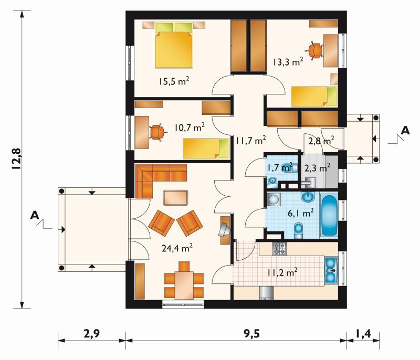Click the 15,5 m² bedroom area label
[174, 81]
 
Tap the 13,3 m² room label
[288, 62]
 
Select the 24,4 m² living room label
[177, 248]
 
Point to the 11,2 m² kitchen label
[282, 272]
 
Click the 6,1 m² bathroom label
[301, 213]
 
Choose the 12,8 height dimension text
[16, 159]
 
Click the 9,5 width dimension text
[252, 334]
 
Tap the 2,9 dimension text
[91, 334]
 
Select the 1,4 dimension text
[363, 334]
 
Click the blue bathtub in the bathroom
[329, 216]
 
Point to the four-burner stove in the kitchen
[279, 249]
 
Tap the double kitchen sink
[331, 270]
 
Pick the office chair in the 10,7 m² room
[157, 132]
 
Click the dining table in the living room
[184, 285]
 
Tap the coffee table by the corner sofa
[175, 197]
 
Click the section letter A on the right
[405, 131]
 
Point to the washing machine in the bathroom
[274, 199]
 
